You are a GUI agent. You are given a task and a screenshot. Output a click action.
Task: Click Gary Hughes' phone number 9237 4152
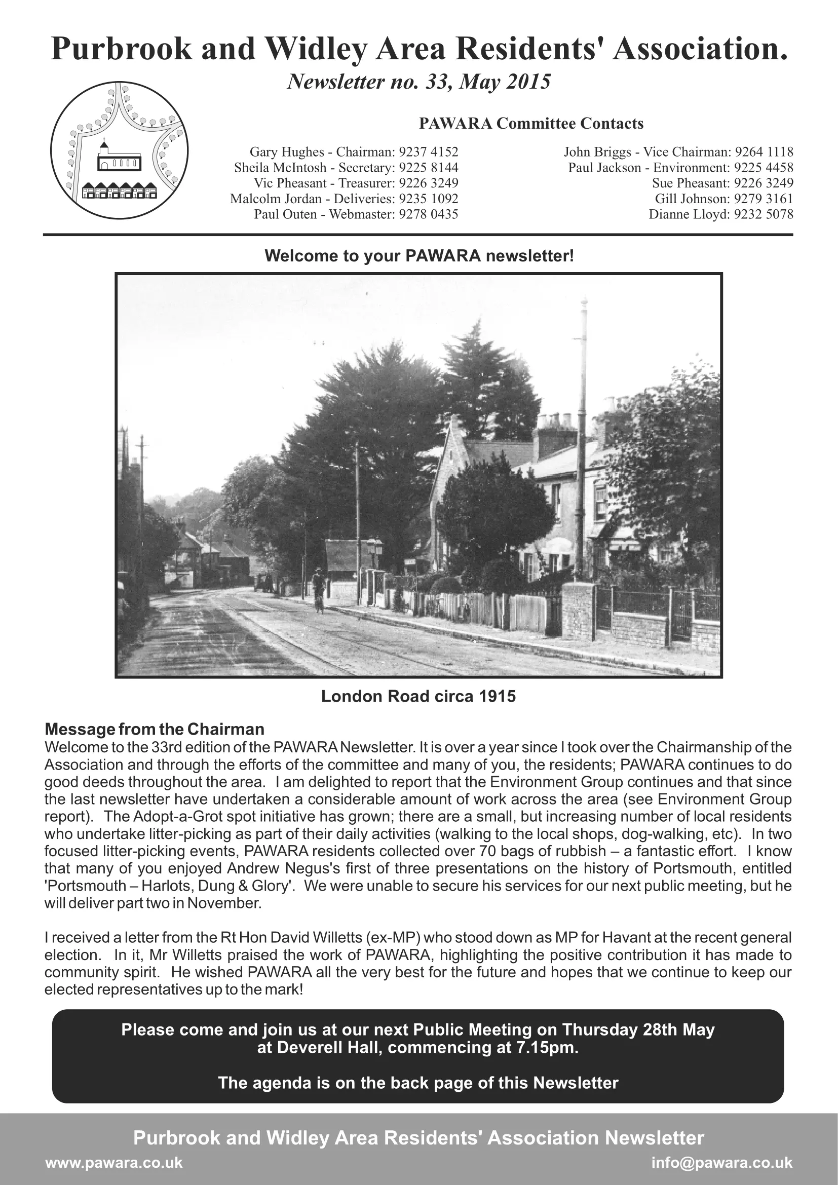tap(429, 152)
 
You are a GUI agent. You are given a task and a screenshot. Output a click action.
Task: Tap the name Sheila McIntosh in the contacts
tap(280, 168)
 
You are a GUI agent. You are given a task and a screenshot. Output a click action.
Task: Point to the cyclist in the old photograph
tap(318, 588)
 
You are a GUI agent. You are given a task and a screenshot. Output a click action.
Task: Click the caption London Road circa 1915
tap(418, 696)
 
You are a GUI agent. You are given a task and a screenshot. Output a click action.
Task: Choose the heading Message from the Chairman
tap(155, 729)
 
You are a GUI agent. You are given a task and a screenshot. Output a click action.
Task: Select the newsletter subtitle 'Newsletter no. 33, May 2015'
tap(418, 82)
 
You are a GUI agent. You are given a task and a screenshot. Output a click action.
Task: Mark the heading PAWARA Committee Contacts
tap(531, 124)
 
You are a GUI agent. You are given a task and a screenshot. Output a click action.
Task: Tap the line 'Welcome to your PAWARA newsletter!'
tap(418, 256)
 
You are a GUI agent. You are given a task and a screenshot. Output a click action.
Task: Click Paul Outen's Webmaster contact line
tap(356, 214)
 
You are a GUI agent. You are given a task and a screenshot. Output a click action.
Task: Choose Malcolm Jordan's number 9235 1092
tap(429, 199)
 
